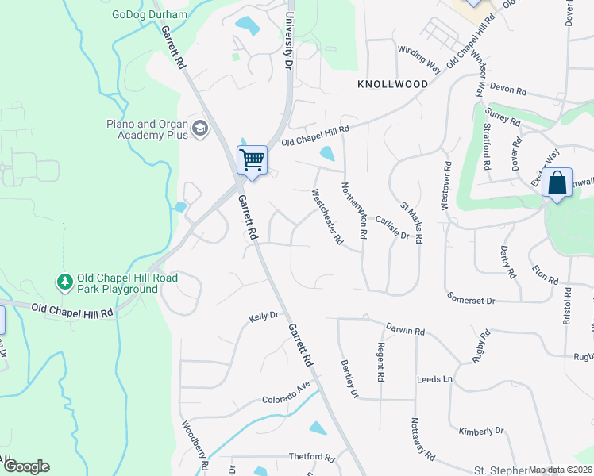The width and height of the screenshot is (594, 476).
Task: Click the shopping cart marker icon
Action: pos(252,160)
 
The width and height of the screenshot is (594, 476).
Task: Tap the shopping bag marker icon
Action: pos(557,182)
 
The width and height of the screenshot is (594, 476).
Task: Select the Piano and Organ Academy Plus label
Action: pos(147,129)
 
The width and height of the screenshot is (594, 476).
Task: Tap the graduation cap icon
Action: pos(199,129)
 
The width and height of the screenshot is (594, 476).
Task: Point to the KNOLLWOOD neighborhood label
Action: pos(387,83)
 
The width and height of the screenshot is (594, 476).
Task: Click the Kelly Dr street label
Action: pos(264,316)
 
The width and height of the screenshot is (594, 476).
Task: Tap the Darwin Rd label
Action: pos(406,329)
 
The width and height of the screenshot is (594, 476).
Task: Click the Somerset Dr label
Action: pos(470,301)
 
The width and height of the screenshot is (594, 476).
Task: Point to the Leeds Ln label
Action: pos(434,379)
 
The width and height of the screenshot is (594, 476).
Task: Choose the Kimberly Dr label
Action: pos(481,430)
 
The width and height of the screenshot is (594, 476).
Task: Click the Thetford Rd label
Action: pos(311,457)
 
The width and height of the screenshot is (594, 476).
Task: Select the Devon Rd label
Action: pos(508,90)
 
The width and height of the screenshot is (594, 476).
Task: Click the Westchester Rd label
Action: pos(327,215)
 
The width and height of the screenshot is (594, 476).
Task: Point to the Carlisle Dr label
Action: pos(392,229)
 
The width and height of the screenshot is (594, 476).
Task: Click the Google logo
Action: pos(26,466)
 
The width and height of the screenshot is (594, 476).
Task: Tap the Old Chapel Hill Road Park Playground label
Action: pos(117,284)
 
